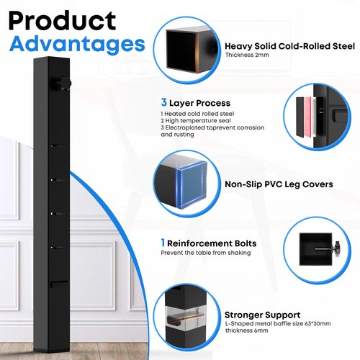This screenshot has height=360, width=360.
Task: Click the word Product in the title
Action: pos(62,21)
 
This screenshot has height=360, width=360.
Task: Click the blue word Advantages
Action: pos(77,44)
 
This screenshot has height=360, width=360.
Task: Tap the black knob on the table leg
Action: pos(64,84)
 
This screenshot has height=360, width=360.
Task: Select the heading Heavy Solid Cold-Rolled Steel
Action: pos(289,46)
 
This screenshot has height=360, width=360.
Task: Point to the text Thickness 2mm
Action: pos(247,55)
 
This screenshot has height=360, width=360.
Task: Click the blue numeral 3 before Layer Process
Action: pos(164,102)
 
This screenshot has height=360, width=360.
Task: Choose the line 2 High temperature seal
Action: pos(196,120)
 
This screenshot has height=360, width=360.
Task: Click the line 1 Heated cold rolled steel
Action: pos(197,114)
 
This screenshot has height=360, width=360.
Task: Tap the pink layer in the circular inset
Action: pos(307,117)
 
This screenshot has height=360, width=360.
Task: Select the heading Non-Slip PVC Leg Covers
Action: pos(279,184)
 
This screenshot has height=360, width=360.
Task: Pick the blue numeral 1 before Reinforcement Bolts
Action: pos(163,243)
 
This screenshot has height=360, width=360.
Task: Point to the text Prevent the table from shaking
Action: pos(206,253)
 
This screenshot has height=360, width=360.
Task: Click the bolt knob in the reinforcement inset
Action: pos(336,250)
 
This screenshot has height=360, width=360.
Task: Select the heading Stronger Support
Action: pos(262,315)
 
